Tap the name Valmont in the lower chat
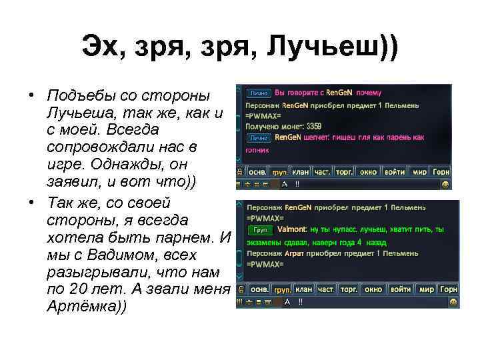coord(291,229)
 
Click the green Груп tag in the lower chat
coord(261,229)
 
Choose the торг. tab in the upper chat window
coord(344,171)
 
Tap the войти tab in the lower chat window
coord(400,289)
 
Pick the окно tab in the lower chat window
coord(373,289)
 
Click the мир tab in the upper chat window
coord(419,171)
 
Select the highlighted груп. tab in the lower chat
coord(282,289)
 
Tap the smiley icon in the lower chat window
coord(453,302)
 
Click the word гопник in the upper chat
coord(257,150)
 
